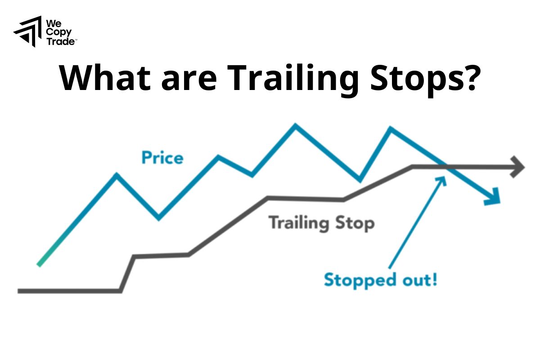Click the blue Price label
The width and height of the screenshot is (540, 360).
162,158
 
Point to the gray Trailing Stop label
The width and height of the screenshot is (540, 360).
321,223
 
